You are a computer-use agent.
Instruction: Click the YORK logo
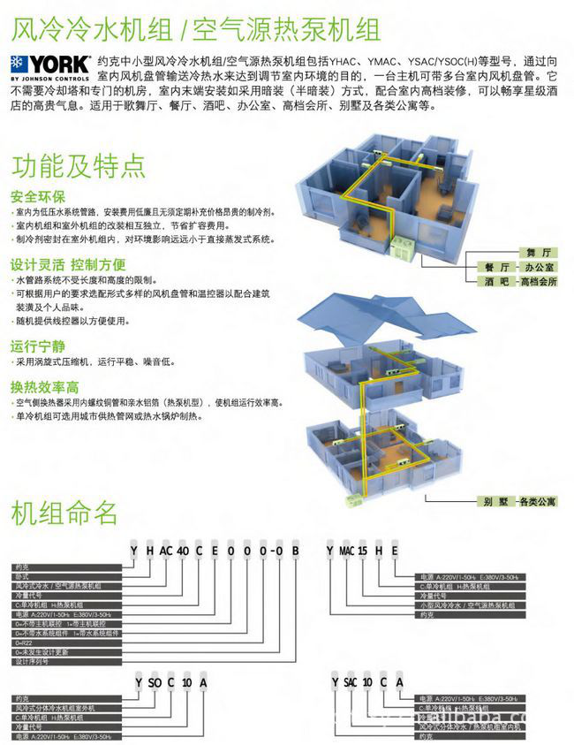[x=49, y=67]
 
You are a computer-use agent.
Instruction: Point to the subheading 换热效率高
[x=45, y=386]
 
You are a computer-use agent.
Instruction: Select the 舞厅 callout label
[x=525, y=253]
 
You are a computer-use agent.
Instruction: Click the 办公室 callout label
[x=539, y=267]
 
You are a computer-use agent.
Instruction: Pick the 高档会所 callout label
[x=539, y=281]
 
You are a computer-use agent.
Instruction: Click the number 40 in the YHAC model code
[x=183, y=551]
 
